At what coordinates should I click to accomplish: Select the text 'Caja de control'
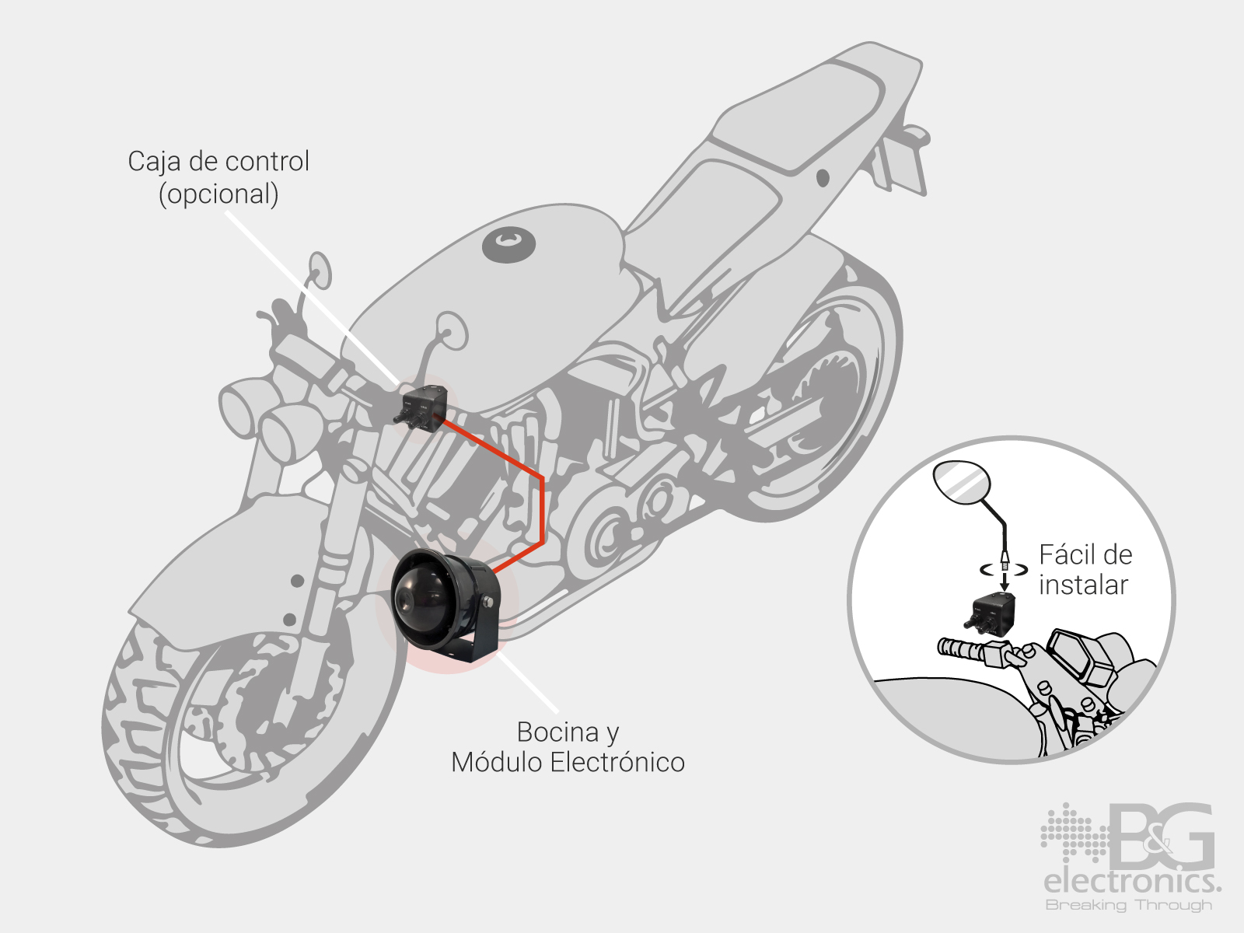click(218, 161)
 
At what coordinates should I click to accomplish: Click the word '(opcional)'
click(218, 194)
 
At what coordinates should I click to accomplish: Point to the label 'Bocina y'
click(568, 732)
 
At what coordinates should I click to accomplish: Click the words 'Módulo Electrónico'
click(568, 762)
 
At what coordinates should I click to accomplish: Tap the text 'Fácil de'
click(1085, 554)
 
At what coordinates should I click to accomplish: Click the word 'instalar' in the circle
click(1083, 585)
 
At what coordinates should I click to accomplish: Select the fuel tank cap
click(509, 245)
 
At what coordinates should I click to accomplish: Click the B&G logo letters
click(1162, 836)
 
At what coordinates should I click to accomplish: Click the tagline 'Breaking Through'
click(1129, 905)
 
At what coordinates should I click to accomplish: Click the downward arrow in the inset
click(1005, 579)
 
